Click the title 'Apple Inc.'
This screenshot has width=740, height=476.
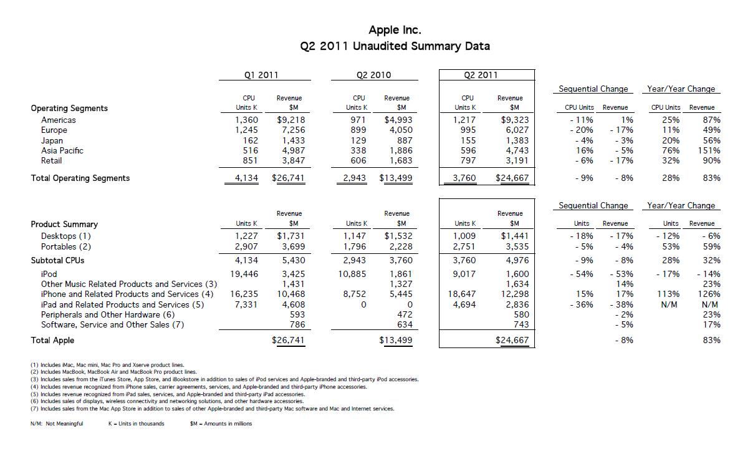(395, 30)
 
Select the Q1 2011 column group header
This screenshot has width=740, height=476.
(261, 75)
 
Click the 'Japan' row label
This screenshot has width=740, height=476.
(52, 140)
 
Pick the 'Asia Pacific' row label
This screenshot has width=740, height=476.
(62, 150)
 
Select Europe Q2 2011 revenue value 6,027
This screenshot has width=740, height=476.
(516, 130)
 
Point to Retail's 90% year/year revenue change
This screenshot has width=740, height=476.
(711, 160)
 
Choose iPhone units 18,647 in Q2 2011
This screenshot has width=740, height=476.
(462, 294)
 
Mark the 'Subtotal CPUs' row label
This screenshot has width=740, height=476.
(57, 260)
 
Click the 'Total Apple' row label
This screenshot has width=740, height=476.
(52, 340)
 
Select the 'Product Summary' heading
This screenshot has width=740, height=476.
(64, 224)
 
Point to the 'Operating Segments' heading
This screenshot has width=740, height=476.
(69, 108)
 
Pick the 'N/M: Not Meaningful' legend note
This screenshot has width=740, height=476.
(56, 424)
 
